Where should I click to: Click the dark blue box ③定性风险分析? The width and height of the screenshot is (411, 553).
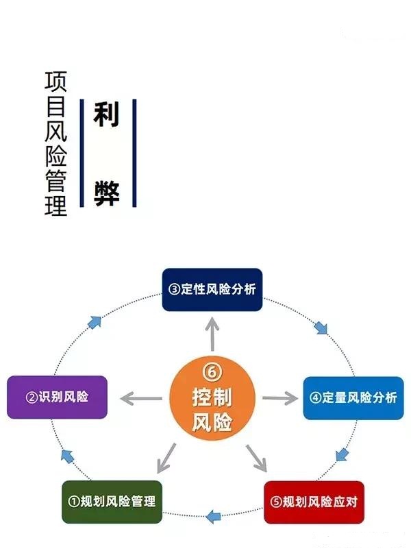[x=212, y=289]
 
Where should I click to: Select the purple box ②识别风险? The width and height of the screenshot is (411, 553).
[x=57, y=397]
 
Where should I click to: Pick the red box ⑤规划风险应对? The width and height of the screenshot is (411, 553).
[x=312, y=502]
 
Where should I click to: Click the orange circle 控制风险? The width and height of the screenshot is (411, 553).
[x=212, y=397]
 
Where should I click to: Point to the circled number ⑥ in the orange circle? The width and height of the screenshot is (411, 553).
[x=212, y=371]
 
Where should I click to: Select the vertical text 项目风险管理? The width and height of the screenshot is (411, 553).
[x=55, y=144]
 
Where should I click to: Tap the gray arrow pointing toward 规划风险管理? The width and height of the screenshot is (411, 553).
[x=165, y=458]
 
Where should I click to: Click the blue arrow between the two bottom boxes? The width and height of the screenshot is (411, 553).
[x=214, y=514]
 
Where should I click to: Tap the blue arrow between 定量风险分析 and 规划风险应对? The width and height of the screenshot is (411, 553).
[x=342, y=454]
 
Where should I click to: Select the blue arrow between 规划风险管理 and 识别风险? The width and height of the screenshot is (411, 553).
[x=67, y=454]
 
